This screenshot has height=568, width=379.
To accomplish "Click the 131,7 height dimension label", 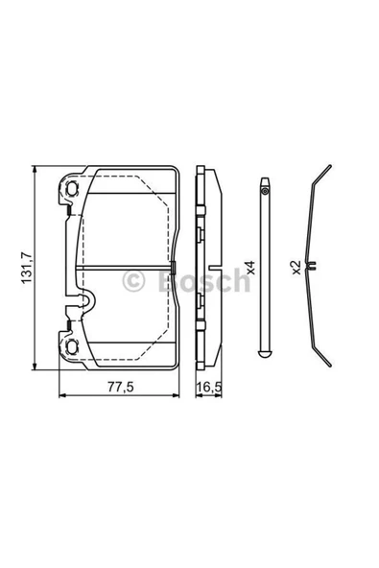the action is point(26,268).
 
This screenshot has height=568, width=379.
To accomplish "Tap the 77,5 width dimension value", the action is point(121,387).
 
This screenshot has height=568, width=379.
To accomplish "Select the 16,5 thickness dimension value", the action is point(209,387).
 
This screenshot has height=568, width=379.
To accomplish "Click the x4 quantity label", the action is point(250,268).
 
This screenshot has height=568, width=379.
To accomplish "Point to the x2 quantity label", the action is point(296,268).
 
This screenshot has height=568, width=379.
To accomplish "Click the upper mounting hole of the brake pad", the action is point(73,188).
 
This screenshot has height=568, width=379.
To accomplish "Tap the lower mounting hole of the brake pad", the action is point(73,347).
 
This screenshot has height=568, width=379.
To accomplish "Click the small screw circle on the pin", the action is point(265,191).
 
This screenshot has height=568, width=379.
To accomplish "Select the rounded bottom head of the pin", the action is point(265,354).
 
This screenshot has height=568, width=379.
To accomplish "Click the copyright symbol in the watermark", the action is point(133,281).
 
